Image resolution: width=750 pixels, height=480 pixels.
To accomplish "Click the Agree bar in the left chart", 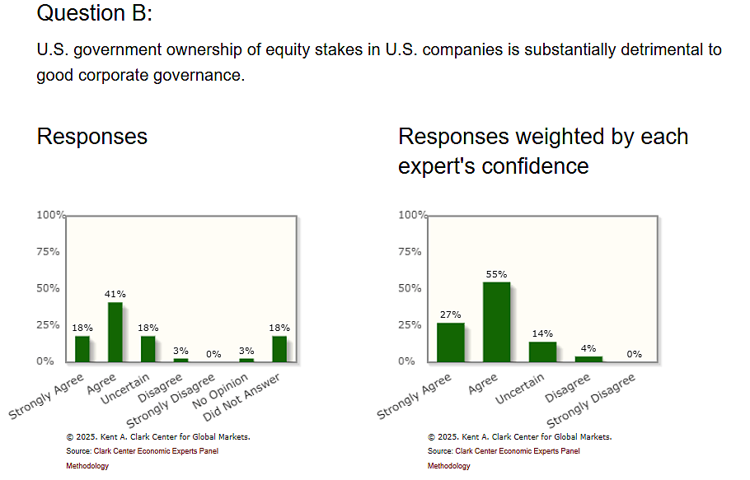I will pyautogui.click(x=115, y=332).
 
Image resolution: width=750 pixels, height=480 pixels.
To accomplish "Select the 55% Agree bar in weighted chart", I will pyautogui.click(x=496, y=322).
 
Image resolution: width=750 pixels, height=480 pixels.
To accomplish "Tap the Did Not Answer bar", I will pyautogui.click(x=279, y=348).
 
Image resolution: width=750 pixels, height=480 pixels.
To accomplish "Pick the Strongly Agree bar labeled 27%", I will pyautogui.click(x=450, y=342).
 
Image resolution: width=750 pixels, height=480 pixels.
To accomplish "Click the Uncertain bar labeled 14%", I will pyautogui.click(x=542, y=352).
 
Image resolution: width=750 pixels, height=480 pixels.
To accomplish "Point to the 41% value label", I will pyautogui.click(x=115, y=294).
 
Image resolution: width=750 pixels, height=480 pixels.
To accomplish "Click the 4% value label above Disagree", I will pyautogui.click(x=588, y=348).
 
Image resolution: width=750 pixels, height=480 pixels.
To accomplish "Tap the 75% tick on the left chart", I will pyautogui.click(x=48, y=252).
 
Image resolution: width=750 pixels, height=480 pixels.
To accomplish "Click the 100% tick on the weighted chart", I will pyautogui.click(x=411, y=216).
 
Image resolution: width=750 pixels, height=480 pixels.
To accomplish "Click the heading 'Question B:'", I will pyautogui.click(x=95, y=13).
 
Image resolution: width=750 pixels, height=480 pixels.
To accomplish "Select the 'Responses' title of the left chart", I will pyautogui.click(x=92, y=136).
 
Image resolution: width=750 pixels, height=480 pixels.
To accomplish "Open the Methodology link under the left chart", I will pyautogui.click(x=87, y=466).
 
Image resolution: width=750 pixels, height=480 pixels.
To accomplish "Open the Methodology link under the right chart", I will pyautogui.click(x=448, y=466).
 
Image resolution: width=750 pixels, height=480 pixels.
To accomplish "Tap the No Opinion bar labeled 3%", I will pyautogui.click(x=246, y=359).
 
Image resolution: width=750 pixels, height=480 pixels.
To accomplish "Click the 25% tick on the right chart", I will pyautogui.click(x=410, y=325).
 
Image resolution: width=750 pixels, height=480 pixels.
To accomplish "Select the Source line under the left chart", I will pyautogui.click(x=142, y=451).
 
